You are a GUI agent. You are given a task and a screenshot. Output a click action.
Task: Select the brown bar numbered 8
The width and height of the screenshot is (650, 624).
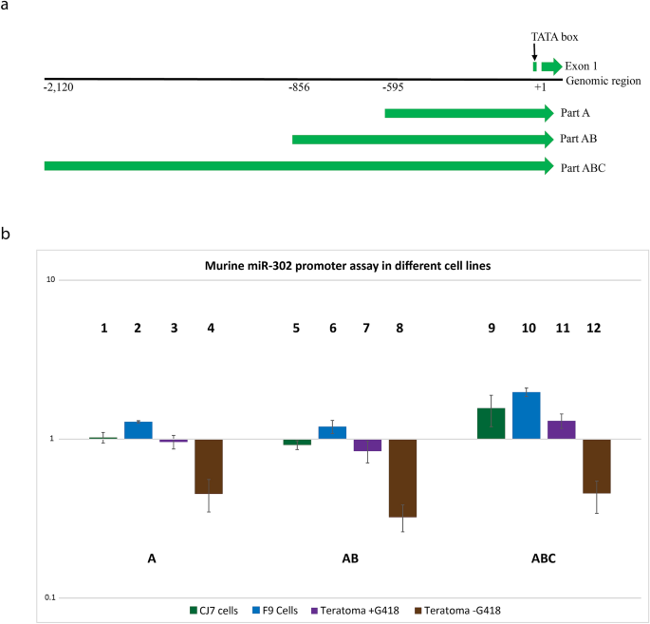(403, 478)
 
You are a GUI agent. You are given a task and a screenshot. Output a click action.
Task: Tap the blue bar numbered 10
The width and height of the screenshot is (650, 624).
(527, 415)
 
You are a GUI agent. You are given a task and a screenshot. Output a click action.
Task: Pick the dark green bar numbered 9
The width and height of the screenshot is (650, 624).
(491, 423)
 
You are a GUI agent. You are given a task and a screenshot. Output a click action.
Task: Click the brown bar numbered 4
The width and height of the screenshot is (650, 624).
(209, 466)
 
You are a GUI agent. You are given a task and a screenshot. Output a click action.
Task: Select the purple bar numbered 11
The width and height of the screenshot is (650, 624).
(562, 429)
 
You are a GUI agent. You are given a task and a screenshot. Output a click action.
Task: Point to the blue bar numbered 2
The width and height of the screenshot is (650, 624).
(139, 429)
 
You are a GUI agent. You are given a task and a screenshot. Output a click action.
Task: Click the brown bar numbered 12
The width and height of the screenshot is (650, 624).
(597, 466)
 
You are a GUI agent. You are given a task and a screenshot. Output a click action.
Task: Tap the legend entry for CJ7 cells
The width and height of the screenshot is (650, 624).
(217, 609)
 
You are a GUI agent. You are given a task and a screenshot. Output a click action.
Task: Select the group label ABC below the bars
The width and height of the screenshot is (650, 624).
(544, 559)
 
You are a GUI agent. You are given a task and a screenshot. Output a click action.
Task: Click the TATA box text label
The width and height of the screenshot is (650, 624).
(554, 37)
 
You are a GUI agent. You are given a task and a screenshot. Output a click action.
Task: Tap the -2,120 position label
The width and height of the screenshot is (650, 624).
(60, 88)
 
